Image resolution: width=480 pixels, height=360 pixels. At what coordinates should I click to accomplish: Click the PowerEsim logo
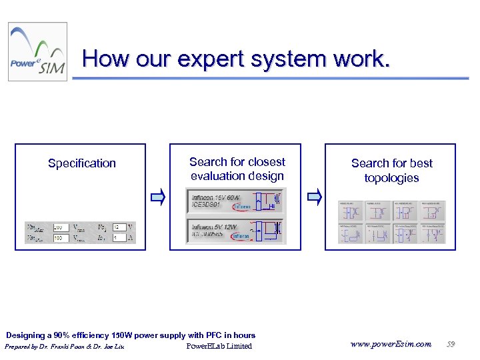37,52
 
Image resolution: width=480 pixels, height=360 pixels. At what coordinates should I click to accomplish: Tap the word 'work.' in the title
364,59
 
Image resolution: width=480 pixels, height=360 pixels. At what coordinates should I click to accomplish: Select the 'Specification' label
82,163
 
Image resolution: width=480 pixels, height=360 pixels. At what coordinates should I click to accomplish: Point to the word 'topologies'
391,178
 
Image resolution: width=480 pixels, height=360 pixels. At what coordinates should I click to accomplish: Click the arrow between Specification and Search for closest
157,196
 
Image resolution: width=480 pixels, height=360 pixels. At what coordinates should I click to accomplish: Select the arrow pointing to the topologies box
314,196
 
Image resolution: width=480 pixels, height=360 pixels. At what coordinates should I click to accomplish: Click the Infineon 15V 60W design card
235,201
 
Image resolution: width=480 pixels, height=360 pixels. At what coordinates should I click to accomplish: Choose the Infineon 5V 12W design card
235,230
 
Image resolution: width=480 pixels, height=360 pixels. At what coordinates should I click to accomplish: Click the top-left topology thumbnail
350,211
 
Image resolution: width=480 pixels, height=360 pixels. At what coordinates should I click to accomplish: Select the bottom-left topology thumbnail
350,233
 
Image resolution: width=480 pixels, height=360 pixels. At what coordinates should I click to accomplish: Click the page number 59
451,345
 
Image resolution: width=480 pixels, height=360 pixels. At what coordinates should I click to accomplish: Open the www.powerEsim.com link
391,345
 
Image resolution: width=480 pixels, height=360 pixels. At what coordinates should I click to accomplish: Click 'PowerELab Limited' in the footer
219,346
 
